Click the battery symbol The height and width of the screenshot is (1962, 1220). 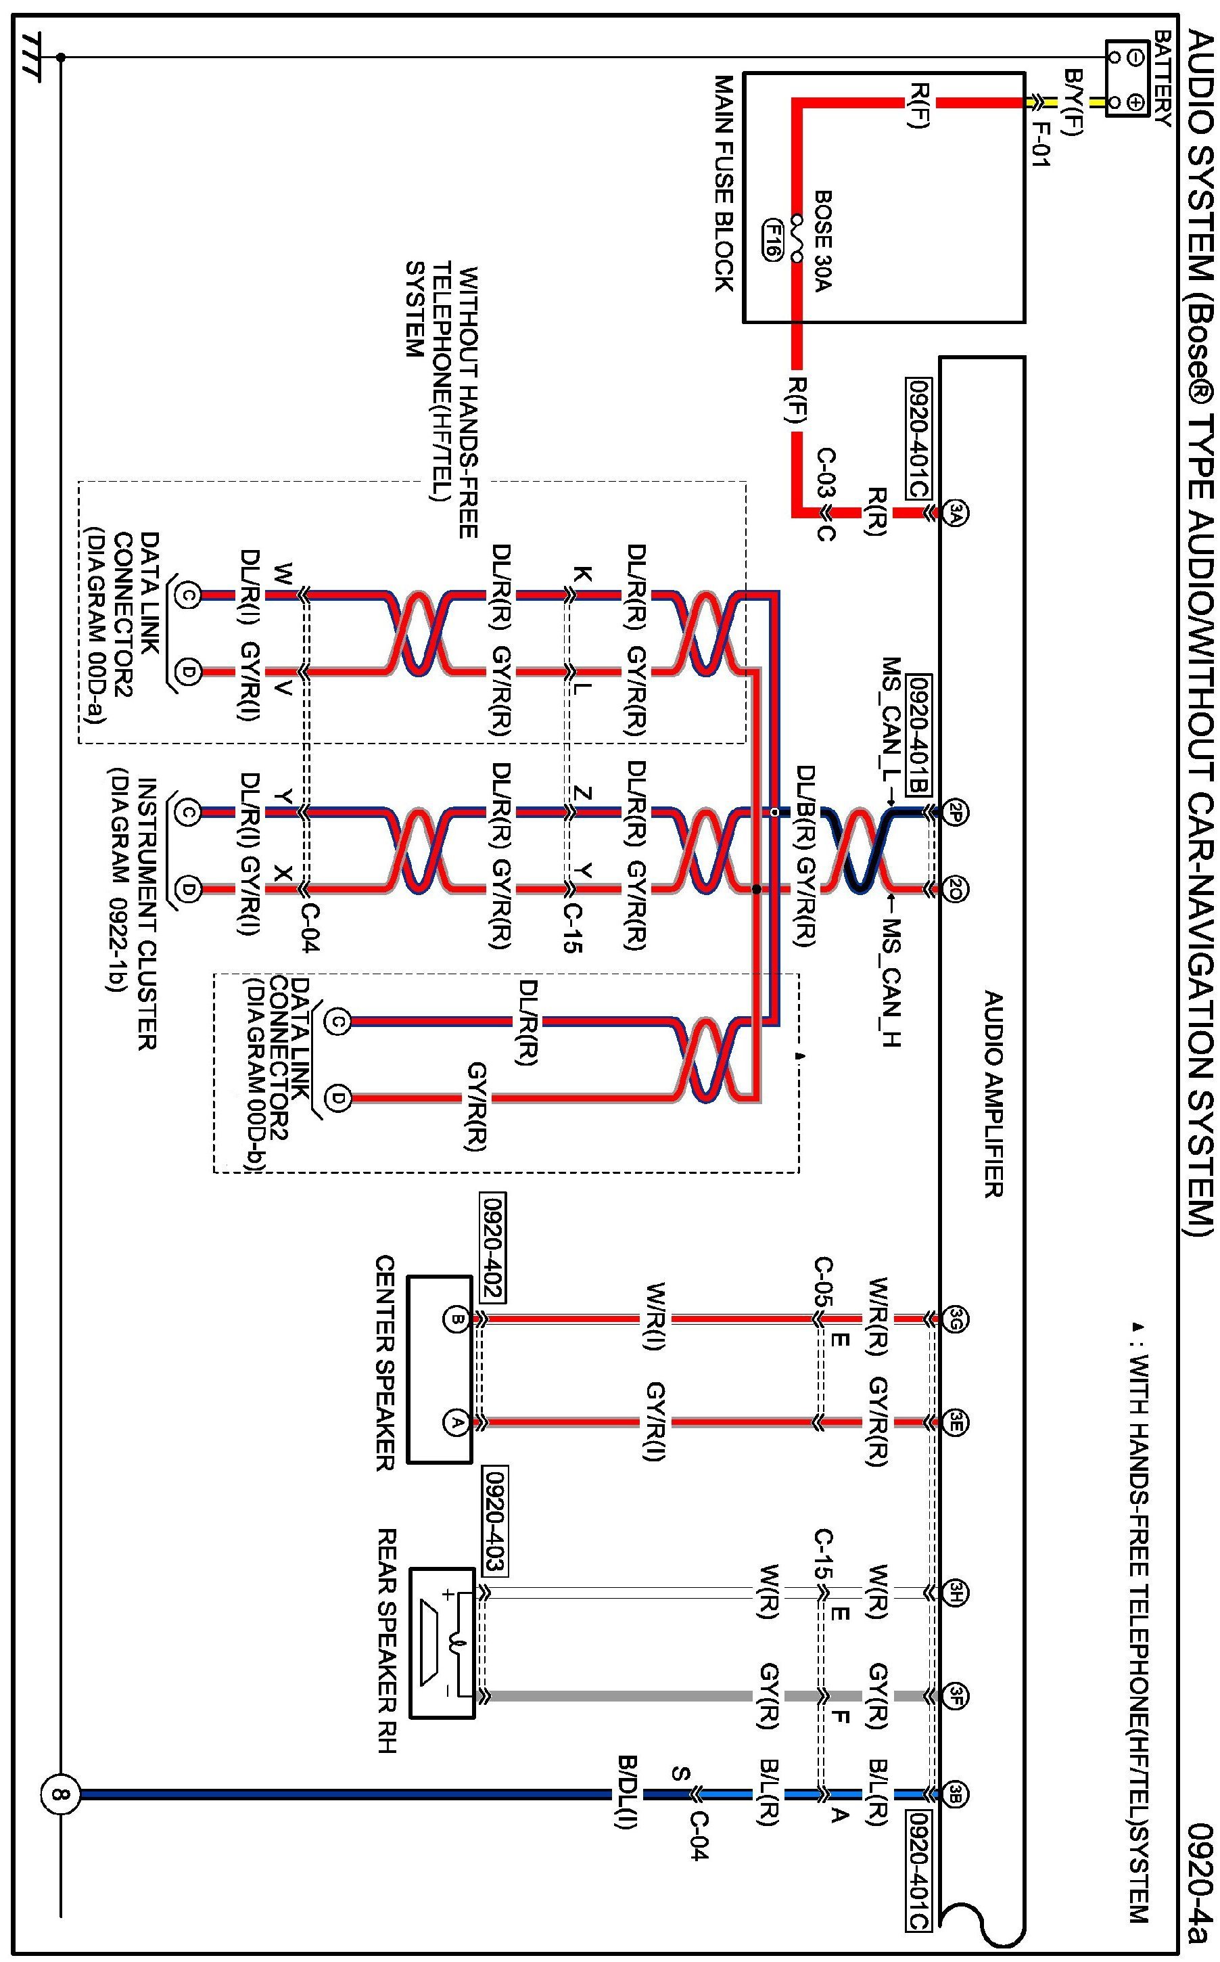click(x=1127, y=79)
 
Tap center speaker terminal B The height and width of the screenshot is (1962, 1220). click(x=455, y=1319)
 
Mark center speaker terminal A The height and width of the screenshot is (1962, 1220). click(x=455, y=1421)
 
